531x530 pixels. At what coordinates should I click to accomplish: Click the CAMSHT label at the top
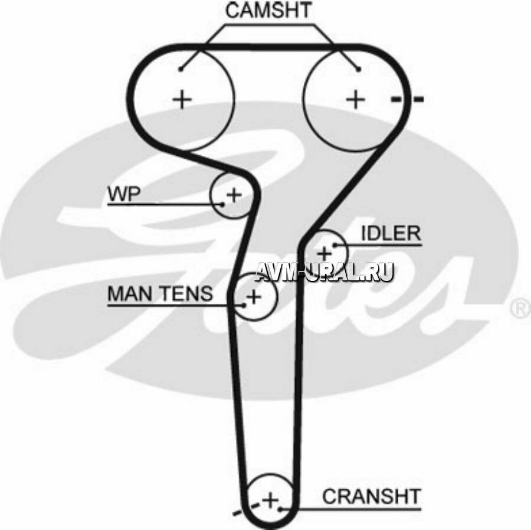point(269,11)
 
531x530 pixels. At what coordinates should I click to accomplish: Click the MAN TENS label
point(160,293)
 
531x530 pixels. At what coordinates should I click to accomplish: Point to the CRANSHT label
point(371,496)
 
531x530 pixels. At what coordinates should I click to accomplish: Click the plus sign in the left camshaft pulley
point(182,99)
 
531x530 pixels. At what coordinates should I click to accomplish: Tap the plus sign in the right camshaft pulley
point(355,99)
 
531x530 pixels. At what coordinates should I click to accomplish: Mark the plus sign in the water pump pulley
point(234,194)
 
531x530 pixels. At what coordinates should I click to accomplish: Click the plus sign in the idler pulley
point(324,253)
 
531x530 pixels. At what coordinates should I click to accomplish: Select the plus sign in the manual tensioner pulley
point(254,296)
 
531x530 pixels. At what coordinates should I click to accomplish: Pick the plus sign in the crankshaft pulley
point(270,500)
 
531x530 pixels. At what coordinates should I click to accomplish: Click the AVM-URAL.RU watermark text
point(324,271)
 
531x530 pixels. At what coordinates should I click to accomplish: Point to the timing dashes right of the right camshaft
point(407,99)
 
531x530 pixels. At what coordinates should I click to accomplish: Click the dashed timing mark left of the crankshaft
point(244,509)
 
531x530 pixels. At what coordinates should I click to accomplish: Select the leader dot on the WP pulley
point(223,204)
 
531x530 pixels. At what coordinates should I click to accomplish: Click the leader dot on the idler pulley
point(335,244)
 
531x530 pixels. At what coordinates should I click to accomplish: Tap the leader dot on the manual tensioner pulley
point(244,305)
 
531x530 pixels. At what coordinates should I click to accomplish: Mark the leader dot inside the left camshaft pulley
point(181,69)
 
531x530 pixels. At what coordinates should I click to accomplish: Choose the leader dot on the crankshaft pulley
point(281,507)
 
